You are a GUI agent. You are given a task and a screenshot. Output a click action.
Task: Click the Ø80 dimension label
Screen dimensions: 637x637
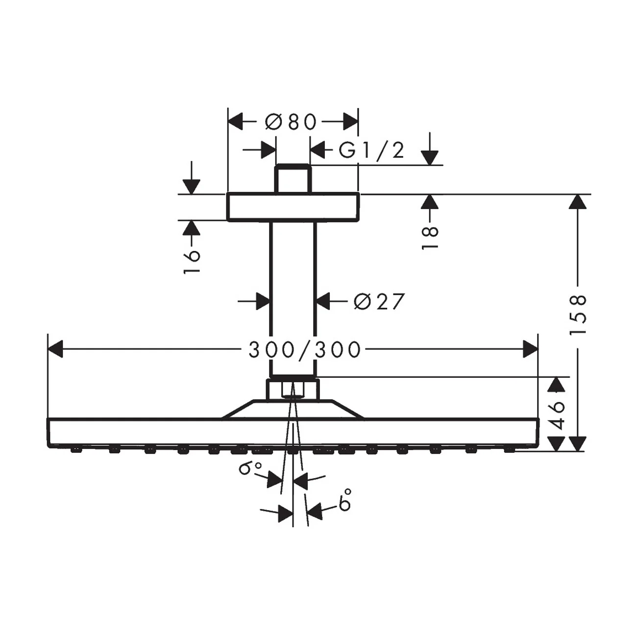click(x=291, y=122)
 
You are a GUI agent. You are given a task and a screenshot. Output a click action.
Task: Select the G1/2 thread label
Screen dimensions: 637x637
click(x=371, y=150)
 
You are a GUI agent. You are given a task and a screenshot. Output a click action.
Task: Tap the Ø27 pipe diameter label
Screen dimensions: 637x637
click(x=379, y=301)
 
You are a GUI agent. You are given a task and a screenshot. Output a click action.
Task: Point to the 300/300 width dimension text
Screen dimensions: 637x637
click(x=304, y=350)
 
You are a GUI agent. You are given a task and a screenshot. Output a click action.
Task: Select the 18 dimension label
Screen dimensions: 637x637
click(x=430, y=237)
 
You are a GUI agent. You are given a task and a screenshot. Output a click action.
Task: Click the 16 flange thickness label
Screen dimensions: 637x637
click(x=192, y=262)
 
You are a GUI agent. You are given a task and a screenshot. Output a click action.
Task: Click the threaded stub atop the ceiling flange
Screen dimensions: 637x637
click(x=293, y=178)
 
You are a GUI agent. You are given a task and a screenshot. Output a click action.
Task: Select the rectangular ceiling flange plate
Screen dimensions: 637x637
click(x=293, y=207)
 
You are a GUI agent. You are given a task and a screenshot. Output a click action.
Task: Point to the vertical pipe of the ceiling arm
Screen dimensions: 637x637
click(x=293, y=299)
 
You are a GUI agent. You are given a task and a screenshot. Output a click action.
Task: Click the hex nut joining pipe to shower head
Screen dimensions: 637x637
click(x=293, y=390)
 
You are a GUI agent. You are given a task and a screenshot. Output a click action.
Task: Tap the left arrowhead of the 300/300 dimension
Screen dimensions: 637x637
click(x=55, y=349)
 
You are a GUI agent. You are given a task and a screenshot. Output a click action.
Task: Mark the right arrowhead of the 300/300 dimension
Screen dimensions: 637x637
click(x=530, y=349)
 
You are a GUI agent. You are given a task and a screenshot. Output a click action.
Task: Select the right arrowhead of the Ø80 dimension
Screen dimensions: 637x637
click(x=351, y=122)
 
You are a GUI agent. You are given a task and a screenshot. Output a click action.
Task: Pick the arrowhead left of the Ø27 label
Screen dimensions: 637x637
click(x=264, y=301)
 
